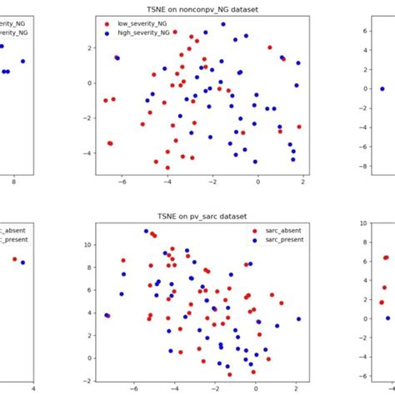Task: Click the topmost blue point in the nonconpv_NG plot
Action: (222, 25)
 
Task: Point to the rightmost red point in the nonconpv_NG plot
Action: (299, 127)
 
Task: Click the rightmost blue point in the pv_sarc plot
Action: (298, 319)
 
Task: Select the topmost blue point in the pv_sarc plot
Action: (146, 231)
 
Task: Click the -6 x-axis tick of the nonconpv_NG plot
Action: (121, 182)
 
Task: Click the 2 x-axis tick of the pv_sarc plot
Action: (296, 387)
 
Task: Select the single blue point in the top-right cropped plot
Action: (382, 88)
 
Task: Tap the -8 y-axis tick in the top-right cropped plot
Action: (364, 167)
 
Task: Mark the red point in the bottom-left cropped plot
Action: (14, 259)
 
